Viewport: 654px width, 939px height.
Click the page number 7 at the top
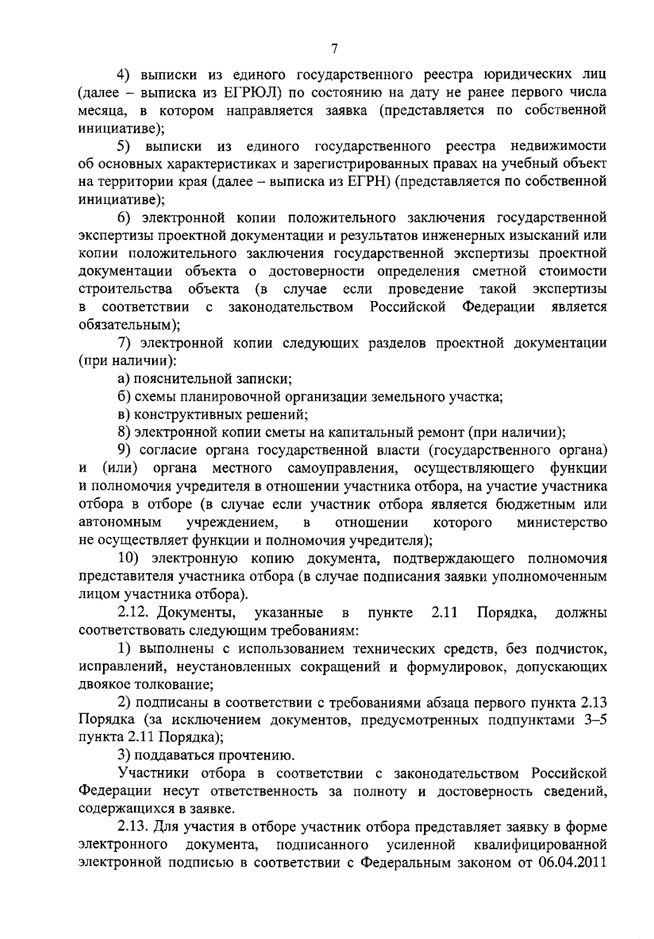pos(335,49)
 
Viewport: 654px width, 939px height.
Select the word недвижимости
pos(559,146)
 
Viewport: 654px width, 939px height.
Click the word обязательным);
pos(130,325)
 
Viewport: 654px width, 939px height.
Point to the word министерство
pos(561,522)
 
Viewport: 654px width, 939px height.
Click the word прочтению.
pos(257,756)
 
